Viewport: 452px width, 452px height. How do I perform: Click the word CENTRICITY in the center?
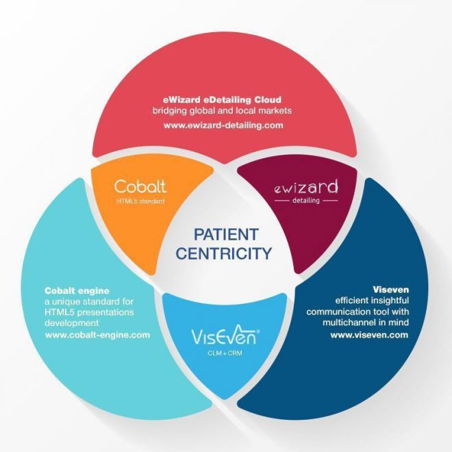224,253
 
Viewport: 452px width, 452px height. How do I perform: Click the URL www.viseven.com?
369,335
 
